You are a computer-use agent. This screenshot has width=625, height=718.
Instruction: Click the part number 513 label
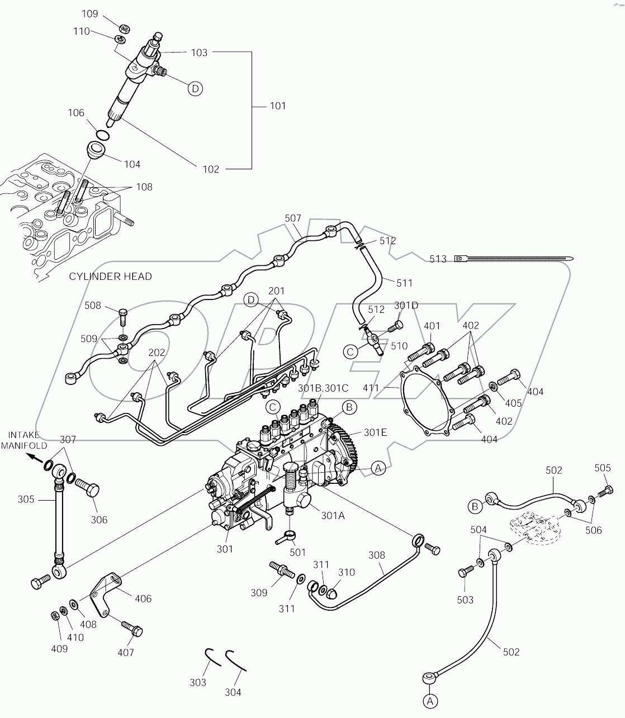click(x=438, y=259)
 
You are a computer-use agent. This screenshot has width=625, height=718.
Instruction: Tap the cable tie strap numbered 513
click(x=514, y=258)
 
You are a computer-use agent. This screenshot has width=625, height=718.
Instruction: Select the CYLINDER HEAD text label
click(x=110, y=277)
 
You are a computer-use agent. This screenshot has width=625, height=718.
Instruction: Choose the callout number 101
click(x=277, y=106)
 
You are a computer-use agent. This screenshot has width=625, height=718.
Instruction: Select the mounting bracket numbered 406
click(x=107, y=592)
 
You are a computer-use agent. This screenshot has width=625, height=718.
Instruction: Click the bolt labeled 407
click(x=132, y=628)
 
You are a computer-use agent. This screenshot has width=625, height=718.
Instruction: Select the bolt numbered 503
click(x=464, y=573)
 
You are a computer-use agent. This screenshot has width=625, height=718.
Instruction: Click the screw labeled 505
click(x=604, y=492)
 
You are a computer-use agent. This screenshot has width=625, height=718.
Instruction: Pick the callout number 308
click(x=377, y=555)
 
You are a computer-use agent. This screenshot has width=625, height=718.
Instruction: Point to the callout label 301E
click(x=375, y=432)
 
